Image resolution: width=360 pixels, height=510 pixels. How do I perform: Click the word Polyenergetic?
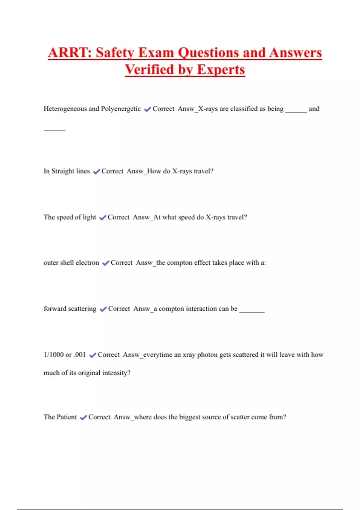(121, 109)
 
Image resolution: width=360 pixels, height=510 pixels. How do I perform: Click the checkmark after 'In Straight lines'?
(96, 172)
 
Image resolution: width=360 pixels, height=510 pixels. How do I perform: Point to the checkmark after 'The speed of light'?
(103, 217)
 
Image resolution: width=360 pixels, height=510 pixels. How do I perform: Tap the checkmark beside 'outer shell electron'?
(106, 263)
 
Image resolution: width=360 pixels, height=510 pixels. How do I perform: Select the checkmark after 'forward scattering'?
(103, 309)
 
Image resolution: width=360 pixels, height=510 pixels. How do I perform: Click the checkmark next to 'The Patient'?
(83, 417)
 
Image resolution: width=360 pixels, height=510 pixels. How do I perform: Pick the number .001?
(79, 355)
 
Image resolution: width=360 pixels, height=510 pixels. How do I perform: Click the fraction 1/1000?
(54, 355)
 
